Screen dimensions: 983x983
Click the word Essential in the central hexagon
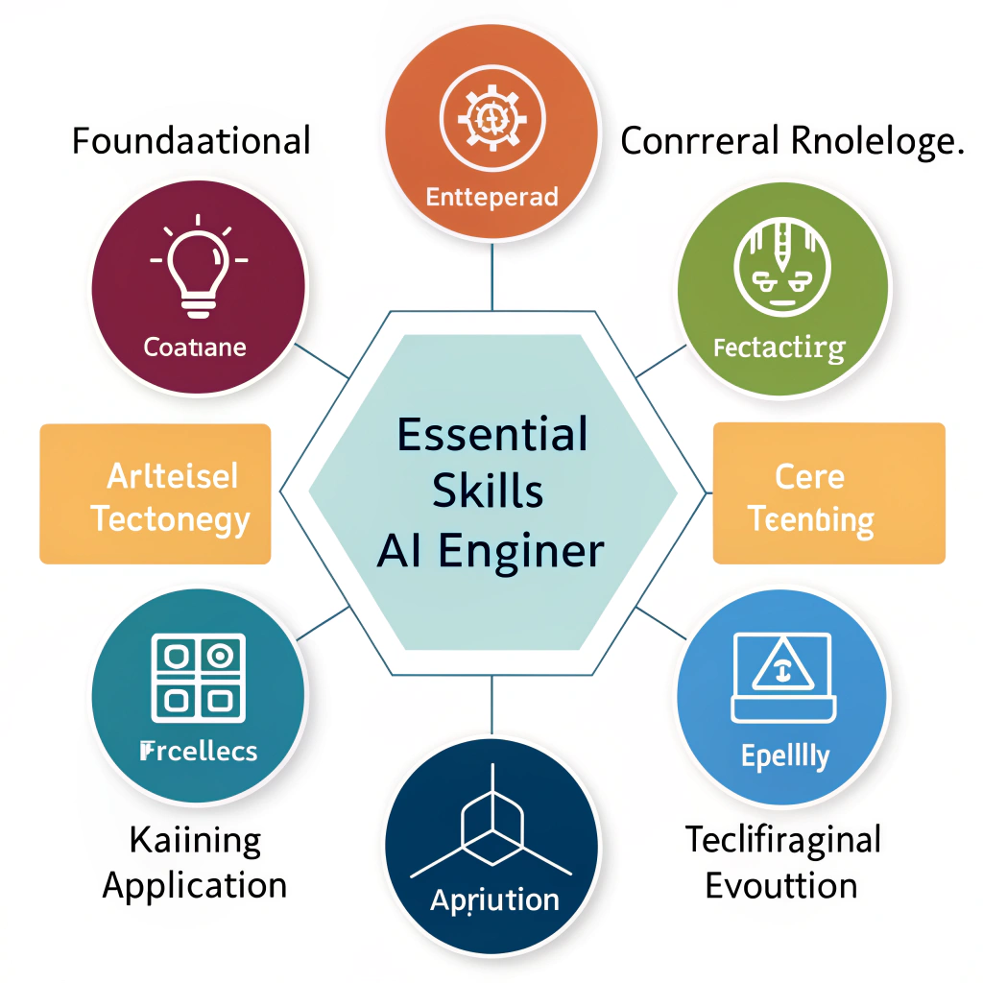click(491, 436)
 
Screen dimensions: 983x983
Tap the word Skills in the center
click(488, 491)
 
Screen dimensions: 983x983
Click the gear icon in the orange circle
click(491, 117)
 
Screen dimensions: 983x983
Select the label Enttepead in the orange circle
click(491, 199)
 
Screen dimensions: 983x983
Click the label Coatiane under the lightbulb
click(195, 347)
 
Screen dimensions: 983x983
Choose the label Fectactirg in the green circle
click(779, 348)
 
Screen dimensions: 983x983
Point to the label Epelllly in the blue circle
click(784, 757)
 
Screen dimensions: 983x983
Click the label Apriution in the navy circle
click(494, 900)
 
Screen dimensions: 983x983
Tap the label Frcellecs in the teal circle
click(199, 750)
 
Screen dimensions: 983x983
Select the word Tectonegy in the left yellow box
click(170, 520)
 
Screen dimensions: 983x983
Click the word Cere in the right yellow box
click(809, 476)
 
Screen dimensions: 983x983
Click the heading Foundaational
click(192, 141)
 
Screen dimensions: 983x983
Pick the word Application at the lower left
click(195, 884)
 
